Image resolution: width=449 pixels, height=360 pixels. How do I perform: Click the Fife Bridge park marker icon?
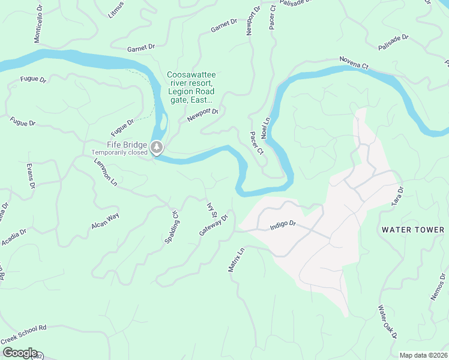coord(157,147)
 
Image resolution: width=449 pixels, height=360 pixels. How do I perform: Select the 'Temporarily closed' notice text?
coord(119,152)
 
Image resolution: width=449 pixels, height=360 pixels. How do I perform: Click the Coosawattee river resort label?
coord(191,88)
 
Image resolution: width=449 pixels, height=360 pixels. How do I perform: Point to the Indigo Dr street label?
coord(283,224)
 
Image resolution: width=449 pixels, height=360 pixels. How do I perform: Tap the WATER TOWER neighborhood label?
coord(413,230)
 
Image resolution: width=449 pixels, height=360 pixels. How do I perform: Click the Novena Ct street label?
coord(353,61)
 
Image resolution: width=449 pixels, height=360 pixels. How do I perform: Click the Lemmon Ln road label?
coord(105,170)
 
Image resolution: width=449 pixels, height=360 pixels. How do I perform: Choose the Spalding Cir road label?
coord(172,226)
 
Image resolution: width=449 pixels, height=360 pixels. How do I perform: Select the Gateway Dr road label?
coord(214,226)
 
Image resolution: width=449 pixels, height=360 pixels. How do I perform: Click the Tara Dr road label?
coord(397,196)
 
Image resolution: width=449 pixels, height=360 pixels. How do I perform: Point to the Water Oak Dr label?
coord(388,323)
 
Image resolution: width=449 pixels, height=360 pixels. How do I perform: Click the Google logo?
coord(19,353)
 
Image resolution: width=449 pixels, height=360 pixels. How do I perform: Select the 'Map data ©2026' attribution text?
coord(423,355)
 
